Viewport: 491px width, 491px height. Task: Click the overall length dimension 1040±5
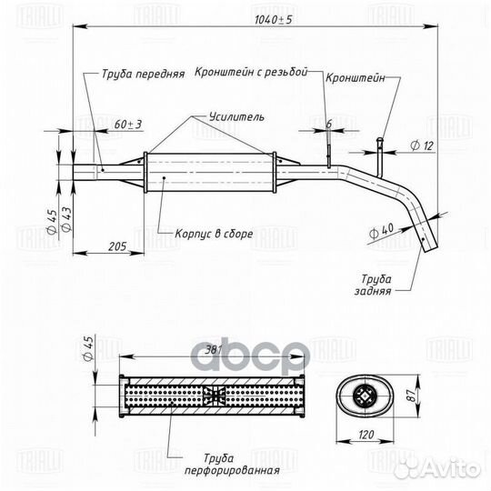tap(273, 20)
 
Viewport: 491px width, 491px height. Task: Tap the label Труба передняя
tap(143, 74)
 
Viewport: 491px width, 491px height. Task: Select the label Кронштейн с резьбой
tap(251, 72)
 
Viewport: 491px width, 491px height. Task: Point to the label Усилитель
tap(236, 116)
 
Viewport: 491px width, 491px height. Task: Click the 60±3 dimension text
tap(128, 125)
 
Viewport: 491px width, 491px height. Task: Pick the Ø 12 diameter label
tap(422, 145)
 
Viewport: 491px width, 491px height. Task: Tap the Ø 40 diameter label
tap(381, 231)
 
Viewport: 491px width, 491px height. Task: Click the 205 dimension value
tap(117, 246)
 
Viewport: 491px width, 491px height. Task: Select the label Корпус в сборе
tap(214, 234)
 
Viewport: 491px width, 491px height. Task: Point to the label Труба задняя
tap(374, 285)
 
